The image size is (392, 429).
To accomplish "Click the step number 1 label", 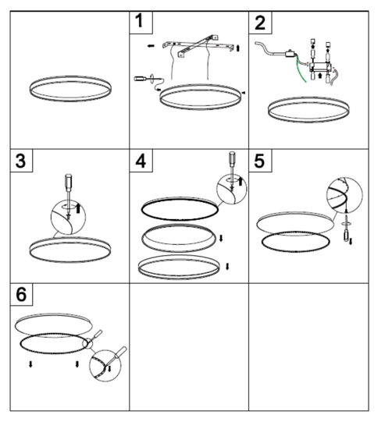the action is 140,21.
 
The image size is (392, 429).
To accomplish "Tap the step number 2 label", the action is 260,23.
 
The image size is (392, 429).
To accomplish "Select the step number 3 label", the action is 21,161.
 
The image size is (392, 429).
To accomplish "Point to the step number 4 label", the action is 141,161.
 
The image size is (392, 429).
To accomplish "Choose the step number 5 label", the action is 260,161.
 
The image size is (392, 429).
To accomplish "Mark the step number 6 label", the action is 21,294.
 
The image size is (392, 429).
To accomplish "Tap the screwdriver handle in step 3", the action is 68,180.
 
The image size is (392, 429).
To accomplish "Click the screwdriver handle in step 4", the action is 232,158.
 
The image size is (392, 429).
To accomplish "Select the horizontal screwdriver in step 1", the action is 148,79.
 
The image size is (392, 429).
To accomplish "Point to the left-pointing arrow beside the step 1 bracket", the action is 151,46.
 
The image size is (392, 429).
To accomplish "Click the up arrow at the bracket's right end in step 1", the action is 237,48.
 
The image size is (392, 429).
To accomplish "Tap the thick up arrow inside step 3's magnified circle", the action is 78,208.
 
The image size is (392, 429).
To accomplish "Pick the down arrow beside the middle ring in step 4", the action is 221,239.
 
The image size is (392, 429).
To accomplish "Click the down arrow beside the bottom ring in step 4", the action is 227,266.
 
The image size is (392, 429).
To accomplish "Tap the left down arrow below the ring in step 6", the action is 30,364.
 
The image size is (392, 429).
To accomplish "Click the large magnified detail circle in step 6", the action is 105,366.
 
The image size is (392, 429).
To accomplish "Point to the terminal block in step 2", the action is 320,67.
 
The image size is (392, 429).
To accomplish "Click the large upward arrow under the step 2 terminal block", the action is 320,75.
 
